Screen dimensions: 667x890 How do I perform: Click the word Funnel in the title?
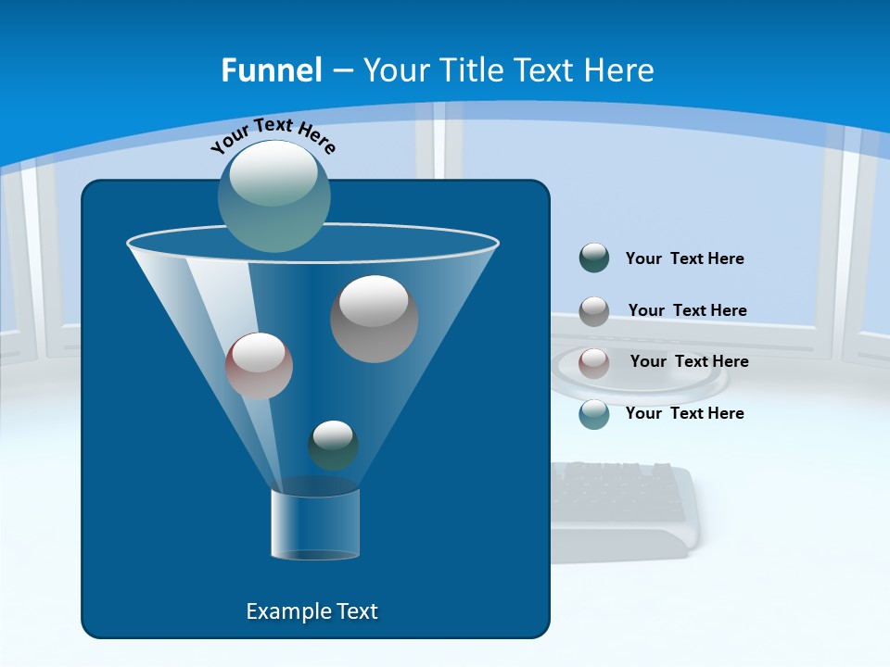point(271,70)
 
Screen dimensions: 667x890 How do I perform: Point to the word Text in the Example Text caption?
point(355,611)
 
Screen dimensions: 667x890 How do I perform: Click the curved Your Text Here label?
point(273,134)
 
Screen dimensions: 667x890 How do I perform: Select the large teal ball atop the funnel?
point(274,195)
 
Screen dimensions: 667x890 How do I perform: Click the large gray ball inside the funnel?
point(374,318)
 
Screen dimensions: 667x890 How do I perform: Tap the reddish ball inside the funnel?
point(259,366)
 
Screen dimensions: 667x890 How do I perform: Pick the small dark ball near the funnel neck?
point(333,445)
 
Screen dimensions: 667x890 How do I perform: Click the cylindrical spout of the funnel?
point(315,522)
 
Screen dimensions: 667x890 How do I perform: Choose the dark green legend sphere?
point(594,258)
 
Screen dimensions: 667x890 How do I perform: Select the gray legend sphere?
point(594,310)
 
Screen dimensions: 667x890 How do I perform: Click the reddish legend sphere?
point(594,362)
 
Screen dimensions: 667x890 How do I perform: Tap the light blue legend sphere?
point(594,413)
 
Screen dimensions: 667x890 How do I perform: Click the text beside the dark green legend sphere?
point(684,258)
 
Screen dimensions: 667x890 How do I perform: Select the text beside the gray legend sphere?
point(687,310)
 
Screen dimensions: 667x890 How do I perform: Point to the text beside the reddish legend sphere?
point(689,361)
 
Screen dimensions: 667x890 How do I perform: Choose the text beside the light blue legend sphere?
point(684,413)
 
